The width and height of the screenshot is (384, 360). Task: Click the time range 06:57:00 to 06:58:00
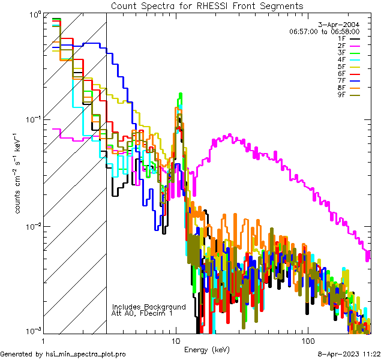324,32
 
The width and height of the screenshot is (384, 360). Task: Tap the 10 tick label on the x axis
175,340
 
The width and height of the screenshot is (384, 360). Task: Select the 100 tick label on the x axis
307,340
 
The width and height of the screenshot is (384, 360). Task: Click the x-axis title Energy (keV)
207,349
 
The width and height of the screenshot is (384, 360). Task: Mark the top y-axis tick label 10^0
35,14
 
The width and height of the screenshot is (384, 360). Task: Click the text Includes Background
149,307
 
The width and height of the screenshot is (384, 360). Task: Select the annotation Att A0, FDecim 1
142,313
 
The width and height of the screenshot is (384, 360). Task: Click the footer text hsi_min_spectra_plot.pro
86,354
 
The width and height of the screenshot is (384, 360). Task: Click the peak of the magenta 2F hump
228,136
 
